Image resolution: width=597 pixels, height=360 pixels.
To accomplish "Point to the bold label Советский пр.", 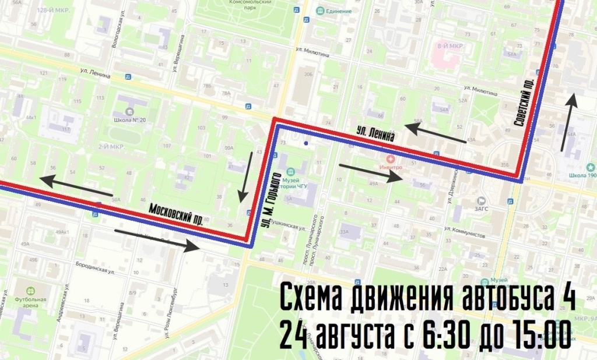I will (x=524, y=103).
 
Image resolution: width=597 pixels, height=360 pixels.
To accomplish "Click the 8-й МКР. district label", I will (x=449, y=45).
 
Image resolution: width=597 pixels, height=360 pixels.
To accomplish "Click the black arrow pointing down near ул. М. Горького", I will (x=244, y=177).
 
